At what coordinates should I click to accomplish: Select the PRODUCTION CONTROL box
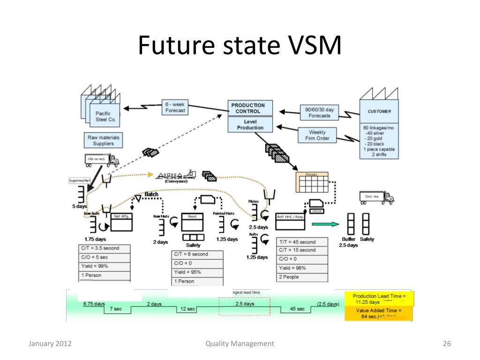click(247, 108)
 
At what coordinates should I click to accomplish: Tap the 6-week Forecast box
click(175, 107)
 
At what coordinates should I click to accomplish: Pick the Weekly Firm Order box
click(317, 135)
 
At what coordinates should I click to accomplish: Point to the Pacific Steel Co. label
click(103, 116)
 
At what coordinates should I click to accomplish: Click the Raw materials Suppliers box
click(103, 140)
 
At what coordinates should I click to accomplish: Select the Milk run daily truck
click(101, 160)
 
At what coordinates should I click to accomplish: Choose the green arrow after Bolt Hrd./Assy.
click(325, 225)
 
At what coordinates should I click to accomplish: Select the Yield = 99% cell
click(104, 266)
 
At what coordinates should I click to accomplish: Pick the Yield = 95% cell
click(197, 272)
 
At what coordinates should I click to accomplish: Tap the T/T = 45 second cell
click(302, 242)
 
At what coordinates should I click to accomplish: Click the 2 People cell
click(302, 277)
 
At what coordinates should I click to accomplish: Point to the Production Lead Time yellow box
click(379, 299)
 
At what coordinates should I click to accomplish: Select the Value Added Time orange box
click(379, 314)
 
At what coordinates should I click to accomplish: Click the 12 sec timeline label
click(188, 309)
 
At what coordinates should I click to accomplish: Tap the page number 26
click(446, 344)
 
